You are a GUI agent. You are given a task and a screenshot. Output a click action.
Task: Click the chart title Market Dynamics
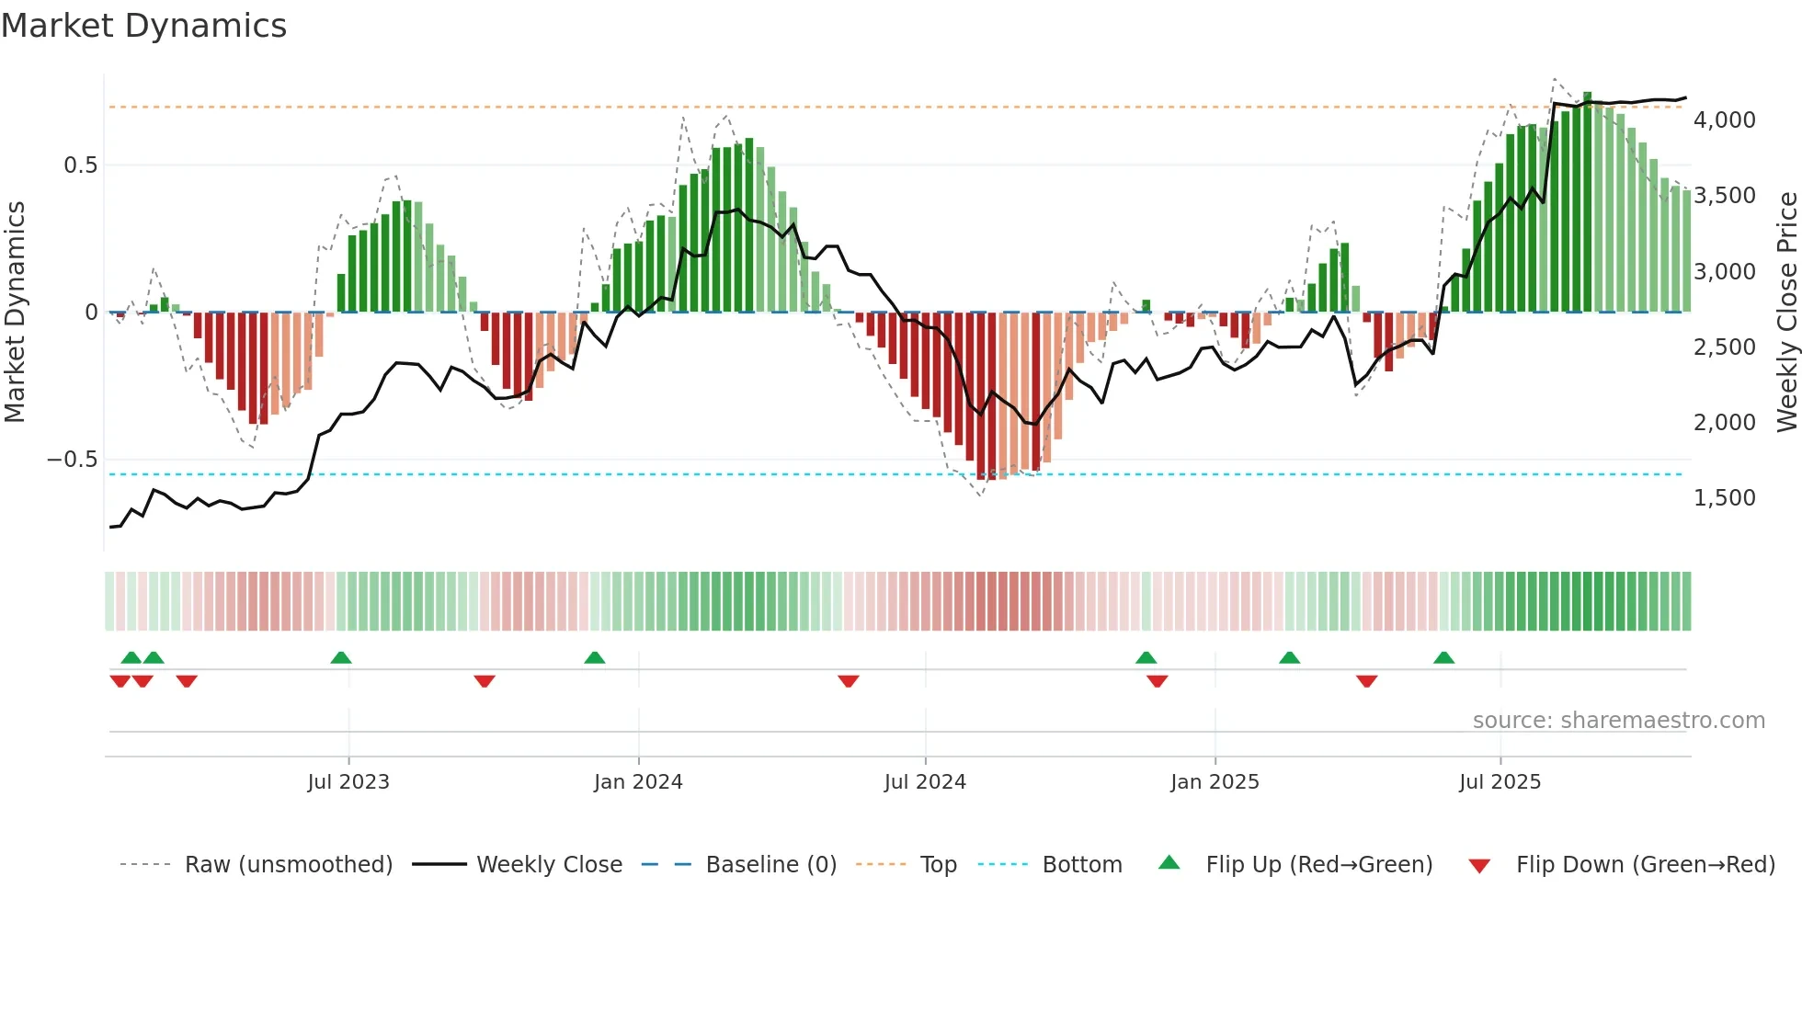[143, 26]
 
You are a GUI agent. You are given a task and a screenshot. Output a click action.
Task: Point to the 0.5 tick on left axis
[80, 165]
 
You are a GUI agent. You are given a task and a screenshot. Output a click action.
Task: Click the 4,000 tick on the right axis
[1725, 120]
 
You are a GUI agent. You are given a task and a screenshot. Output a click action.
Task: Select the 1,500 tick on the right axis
[1725, 498]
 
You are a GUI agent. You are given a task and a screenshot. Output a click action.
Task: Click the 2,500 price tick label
[1725, 347]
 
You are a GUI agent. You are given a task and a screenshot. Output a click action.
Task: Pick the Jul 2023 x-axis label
[348, 782]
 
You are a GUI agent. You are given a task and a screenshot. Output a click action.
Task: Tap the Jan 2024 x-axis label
[638, 782]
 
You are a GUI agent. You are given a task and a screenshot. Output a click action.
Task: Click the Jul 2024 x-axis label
[925, 782]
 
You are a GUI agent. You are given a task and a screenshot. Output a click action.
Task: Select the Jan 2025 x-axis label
[1215, 782]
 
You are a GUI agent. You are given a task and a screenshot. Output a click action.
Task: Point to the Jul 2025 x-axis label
[1500, 782]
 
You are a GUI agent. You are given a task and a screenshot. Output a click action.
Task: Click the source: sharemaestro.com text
[1618, 721]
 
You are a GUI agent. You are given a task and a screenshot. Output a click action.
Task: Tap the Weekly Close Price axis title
[1786, 312]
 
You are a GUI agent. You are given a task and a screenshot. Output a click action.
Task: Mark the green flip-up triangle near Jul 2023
[341, 657]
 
